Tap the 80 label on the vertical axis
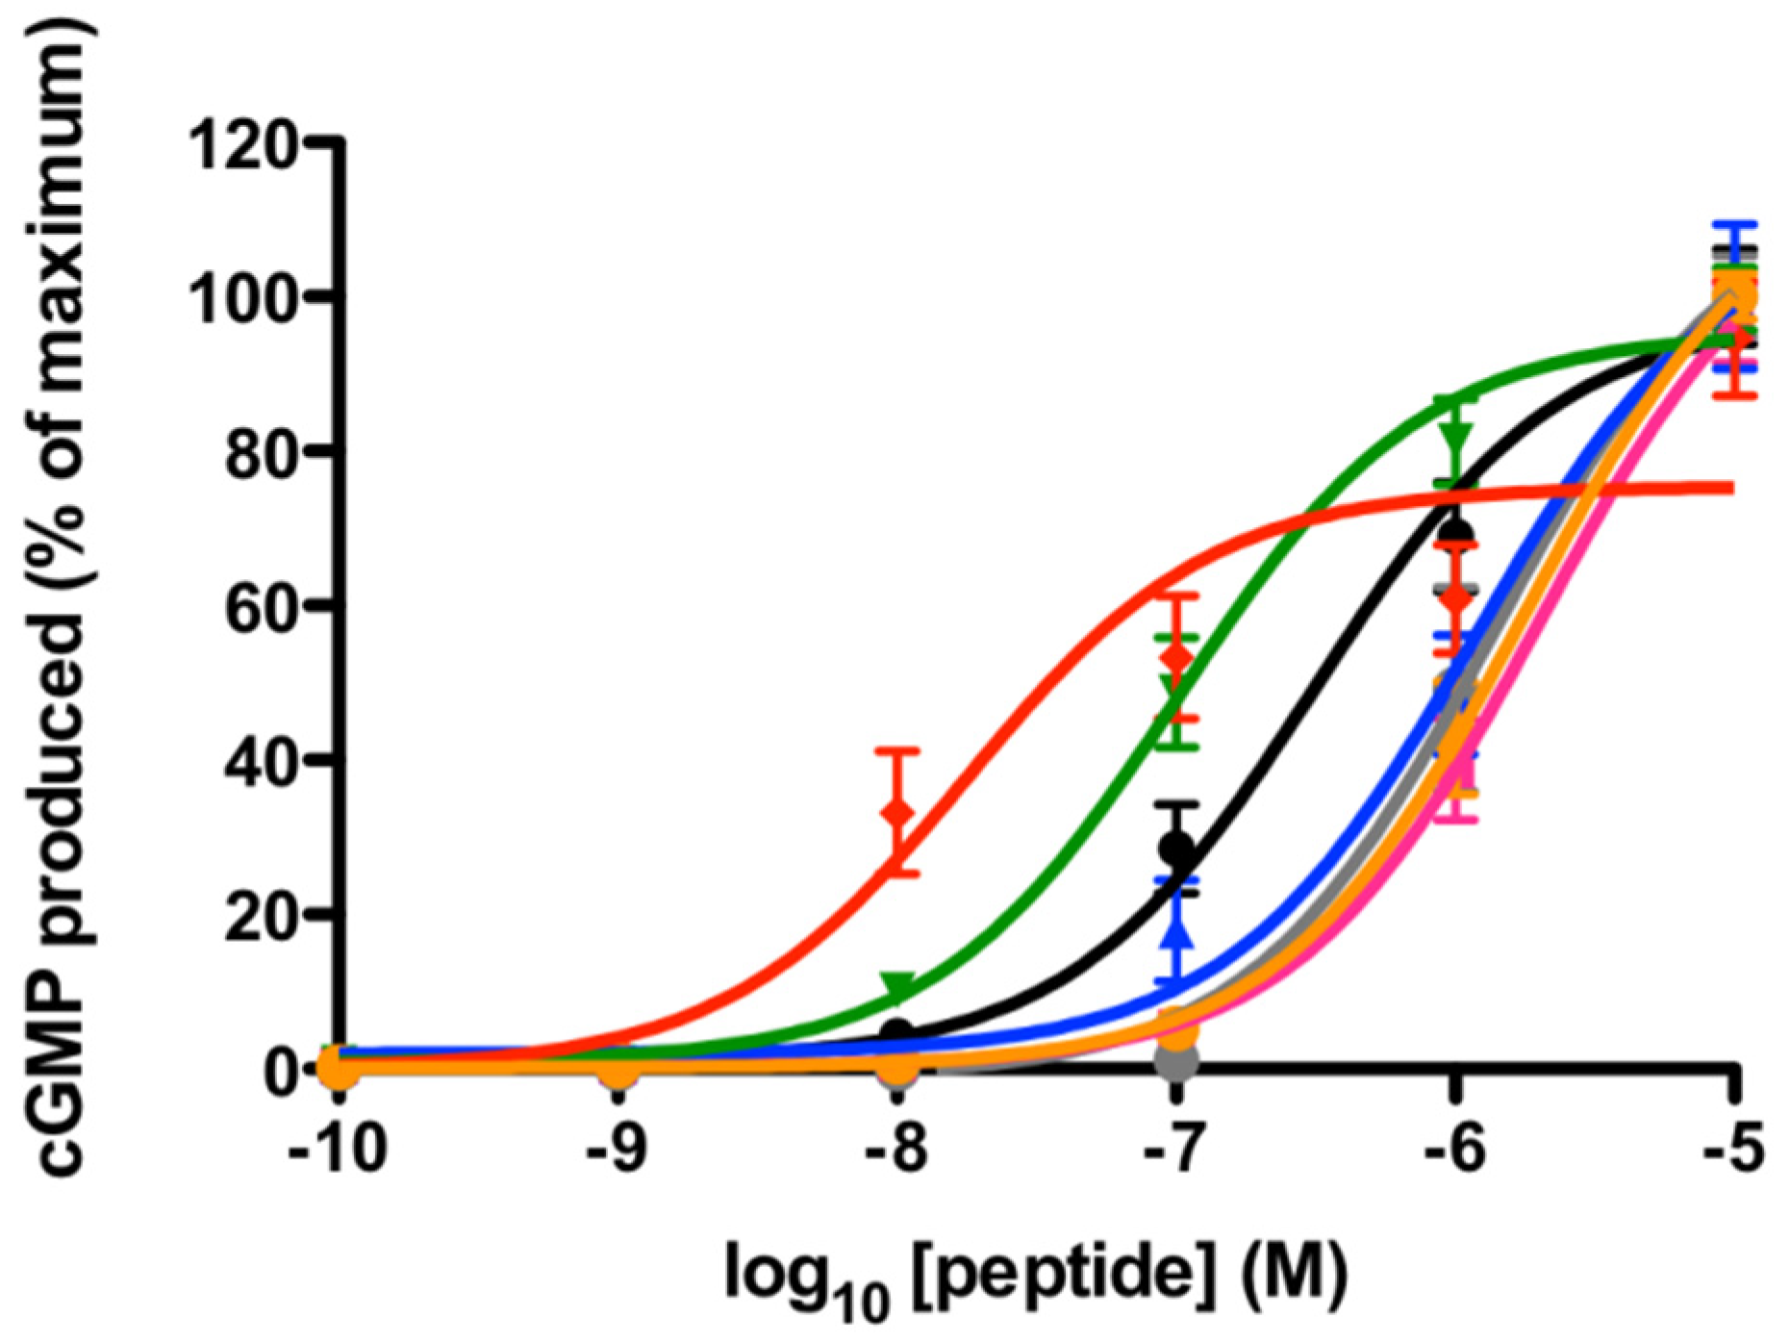coord(260,451)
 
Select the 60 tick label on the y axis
coord(260,606)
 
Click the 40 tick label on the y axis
coord(260,760)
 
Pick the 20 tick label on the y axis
coord(260,914)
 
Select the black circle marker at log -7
coord(1176,848)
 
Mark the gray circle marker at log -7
coord(1176,1060)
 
